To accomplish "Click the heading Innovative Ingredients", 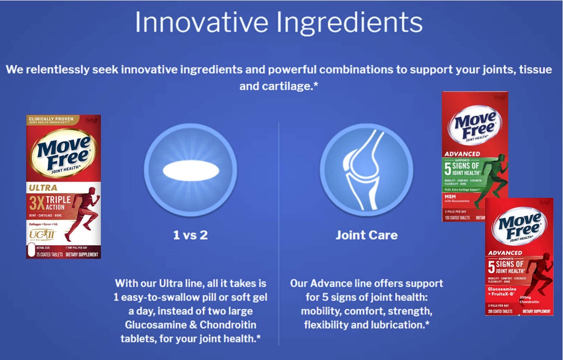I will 278,23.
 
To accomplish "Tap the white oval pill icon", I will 190,170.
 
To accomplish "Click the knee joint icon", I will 366,170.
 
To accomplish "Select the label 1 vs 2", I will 190,235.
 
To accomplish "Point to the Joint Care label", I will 366,235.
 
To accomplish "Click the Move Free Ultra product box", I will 63,186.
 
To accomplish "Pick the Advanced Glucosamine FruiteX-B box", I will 518,257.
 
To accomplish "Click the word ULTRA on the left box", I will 43,187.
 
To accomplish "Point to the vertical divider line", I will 279,231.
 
